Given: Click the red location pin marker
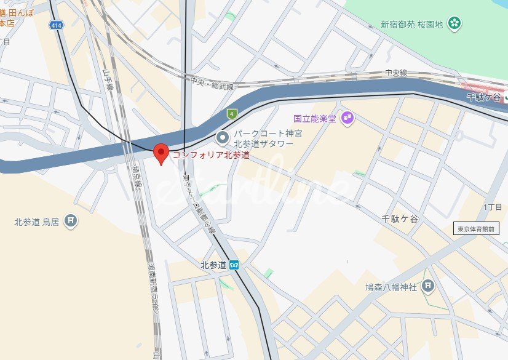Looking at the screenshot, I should pos(161,153).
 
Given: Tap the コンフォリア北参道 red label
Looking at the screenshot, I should pos(210,155).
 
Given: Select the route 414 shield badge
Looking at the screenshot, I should pos(57,25).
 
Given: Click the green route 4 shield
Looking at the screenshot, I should pos(231,113).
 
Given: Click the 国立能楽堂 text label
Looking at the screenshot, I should pos(315,118).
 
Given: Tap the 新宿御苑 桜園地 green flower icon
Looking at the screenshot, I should pos(454,24).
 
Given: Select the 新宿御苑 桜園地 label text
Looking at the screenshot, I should pos(411,25).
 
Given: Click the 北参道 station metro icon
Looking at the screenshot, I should pos(234,265).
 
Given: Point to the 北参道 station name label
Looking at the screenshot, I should pos(213,265).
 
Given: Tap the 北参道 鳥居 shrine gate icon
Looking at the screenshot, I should pos(71,220).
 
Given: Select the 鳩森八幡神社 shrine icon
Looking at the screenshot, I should pos(429,286).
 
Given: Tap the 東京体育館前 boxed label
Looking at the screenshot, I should pos(476,229).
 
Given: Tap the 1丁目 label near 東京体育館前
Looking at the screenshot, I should pos(493,207).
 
